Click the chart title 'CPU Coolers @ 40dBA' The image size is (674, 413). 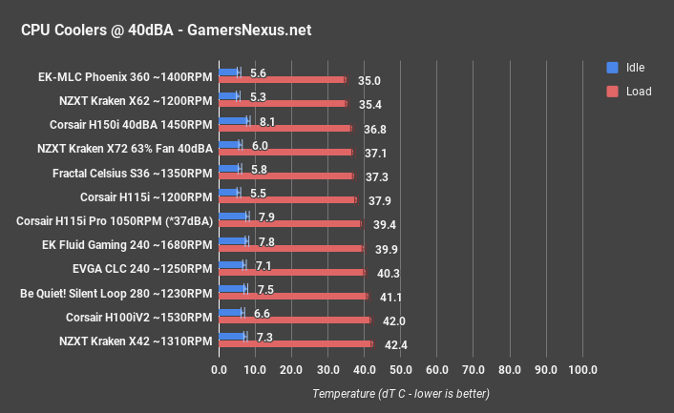tap(166, 31)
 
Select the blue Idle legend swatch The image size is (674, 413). tap(612, 68)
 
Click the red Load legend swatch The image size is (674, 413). tap(612, 92)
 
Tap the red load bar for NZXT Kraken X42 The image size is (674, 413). tap(296, 343)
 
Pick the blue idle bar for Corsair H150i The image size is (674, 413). tap(234, 120)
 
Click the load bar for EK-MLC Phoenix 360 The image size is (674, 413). tap(283, 80)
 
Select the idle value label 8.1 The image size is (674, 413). tap(267, 122)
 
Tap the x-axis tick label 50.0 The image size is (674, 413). tap(401, 370)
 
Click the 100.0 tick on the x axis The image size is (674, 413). tap(582, 370)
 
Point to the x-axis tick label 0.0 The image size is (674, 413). tap(219, 370)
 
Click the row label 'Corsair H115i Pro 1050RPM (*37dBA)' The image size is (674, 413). tap(114, 220)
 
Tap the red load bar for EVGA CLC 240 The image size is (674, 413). tap(291, 272)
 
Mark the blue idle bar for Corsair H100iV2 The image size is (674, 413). tap(231, 312)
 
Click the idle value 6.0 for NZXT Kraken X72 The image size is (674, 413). tap(259, 146)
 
